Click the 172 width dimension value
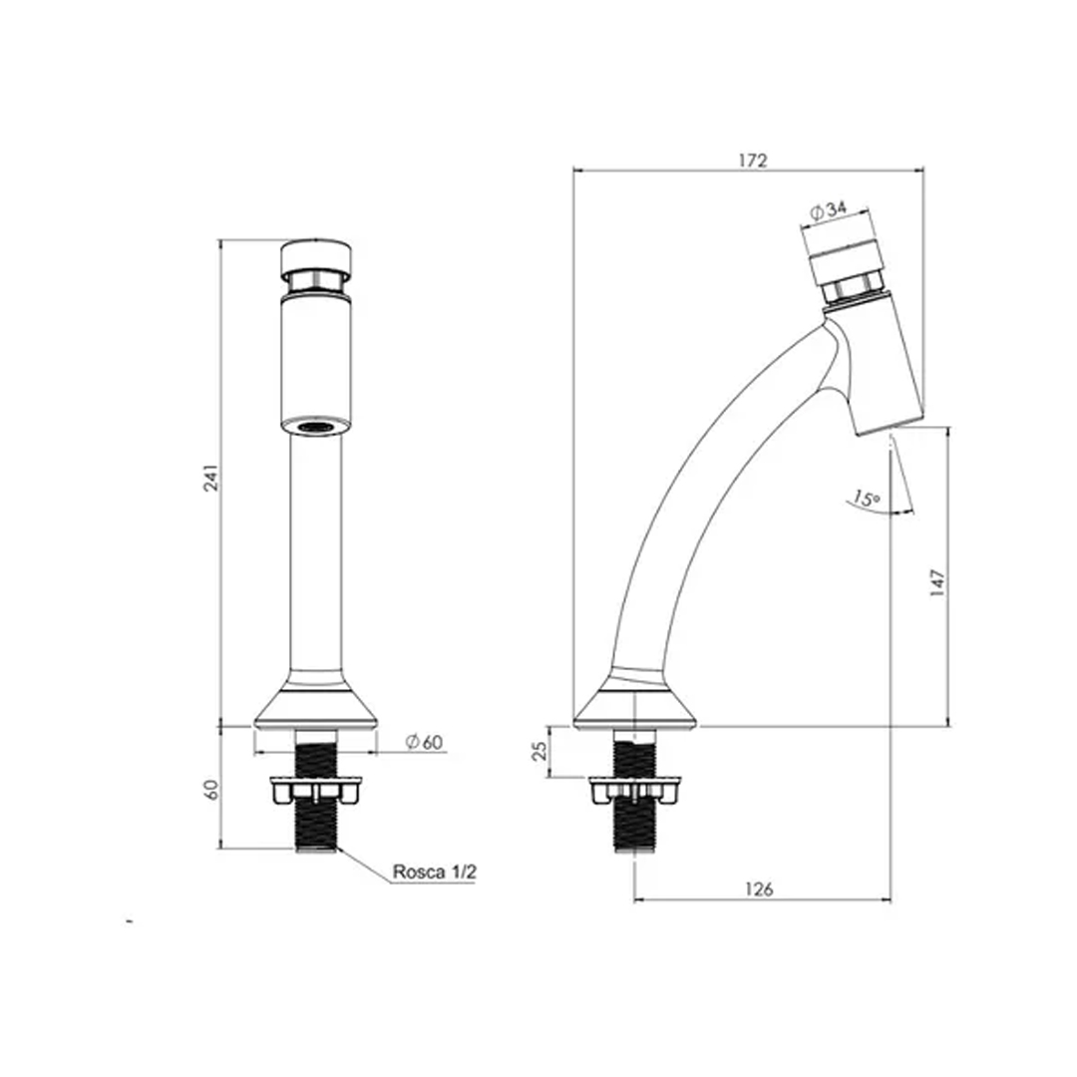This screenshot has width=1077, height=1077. [752, 160]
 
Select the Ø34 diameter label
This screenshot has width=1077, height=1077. [829, 210]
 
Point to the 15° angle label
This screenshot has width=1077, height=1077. [867, 498]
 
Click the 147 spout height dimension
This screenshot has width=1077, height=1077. [937, 582]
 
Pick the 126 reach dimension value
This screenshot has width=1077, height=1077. [759, 889]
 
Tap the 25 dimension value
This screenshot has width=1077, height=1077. [541, 751]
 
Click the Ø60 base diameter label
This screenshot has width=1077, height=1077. [424, 742]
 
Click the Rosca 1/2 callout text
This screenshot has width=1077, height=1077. [434, 872]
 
